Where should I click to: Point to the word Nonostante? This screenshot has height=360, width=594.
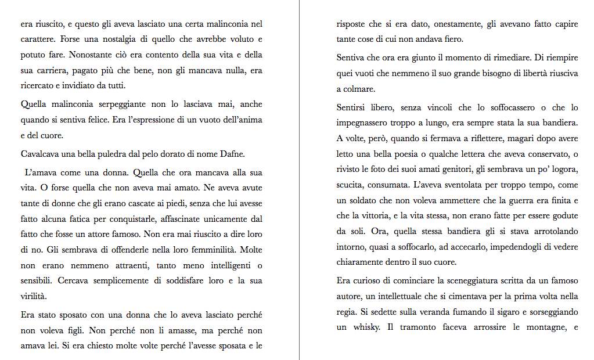click(91, 55)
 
